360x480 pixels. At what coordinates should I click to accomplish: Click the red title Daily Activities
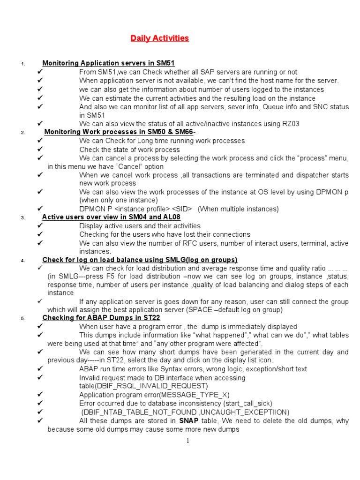159,38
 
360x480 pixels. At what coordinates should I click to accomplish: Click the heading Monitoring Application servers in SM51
108,63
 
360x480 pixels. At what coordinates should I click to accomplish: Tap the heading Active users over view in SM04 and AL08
111,217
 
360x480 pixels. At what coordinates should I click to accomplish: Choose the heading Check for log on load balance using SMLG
140,260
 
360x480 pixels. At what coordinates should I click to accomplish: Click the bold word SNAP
189,420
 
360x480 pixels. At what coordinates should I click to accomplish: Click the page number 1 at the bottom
187,441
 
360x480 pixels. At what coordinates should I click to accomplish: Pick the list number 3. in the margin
22,218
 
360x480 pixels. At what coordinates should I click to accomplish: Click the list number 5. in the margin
22,319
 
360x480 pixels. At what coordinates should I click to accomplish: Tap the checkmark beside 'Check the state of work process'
40,150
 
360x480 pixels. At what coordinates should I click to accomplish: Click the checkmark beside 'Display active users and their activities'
40,225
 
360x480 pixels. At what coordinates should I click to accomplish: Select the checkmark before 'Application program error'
40,395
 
